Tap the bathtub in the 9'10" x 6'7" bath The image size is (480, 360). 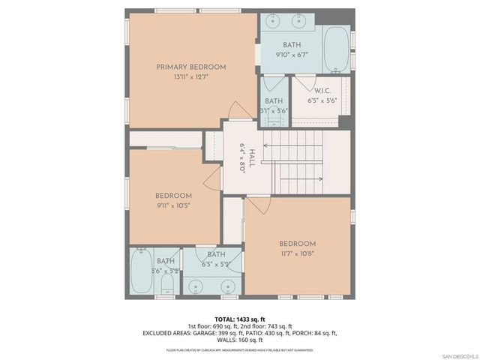[x=336, y=49]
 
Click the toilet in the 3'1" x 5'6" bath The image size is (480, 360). [x=274, y=123]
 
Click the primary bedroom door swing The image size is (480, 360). [x=240, y=110]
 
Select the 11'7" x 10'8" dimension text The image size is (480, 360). [x=297, y=253]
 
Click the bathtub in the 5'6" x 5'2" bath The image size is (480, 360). [x=140, y=272]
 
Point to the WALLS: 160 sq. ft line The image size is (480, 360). [x=240, y=340]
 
